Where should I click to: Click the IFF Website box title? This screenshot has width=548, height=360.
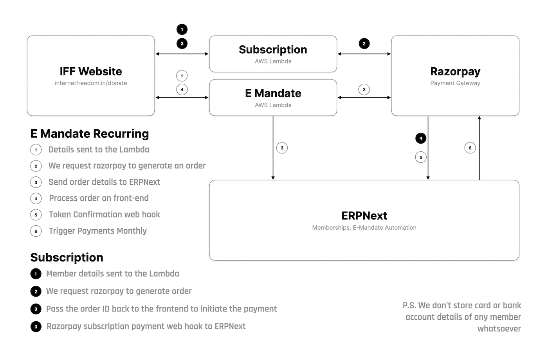click(91, 71)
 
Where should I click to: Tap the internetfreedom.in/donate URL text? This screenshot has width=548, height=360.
click(91, 83)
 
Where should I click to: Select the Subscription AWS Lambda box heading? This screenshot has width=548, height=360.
click(273, 50)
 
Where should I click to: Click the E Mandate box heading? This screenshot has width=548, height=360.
click(273, 93)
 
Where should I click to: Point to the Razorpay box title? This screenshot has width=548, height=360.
click(455, 71)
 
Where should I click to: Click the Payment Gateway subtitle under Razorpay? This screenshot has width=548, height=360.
click(455, 83)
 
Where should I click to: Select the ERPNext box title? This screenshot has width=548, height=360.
click(364, 216)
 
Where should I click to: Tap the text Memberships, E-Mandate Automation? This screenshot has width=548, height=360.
click(364, 228)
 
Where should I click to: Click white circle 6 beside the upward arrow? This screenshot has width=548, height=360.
click(470, 148)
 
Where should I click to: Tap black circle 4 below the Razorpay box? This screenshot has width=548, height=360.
click(421, 138)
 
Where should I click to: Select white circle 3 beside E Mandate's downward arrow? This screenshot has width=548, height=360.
click(282, 148)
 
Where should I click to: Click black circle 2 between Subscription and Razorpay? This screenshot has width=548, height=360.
click(364, 43)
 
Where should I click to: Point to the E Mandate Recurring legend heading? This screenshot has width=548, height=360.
click(90, 134)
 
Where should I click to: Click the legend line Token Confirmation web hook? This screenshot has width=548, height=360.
click(104, 214)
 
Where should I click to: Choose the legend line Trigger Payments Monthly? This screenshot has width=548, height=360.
click(97, 231)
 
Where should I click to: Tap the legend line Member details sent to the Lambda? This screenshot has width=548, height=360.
click(112, 274)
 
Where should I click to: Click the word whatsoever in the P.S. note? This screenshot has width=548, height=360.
click(499, 329)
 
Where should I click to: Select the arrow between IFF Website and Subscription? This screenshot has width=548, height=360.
click(182, 54)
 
